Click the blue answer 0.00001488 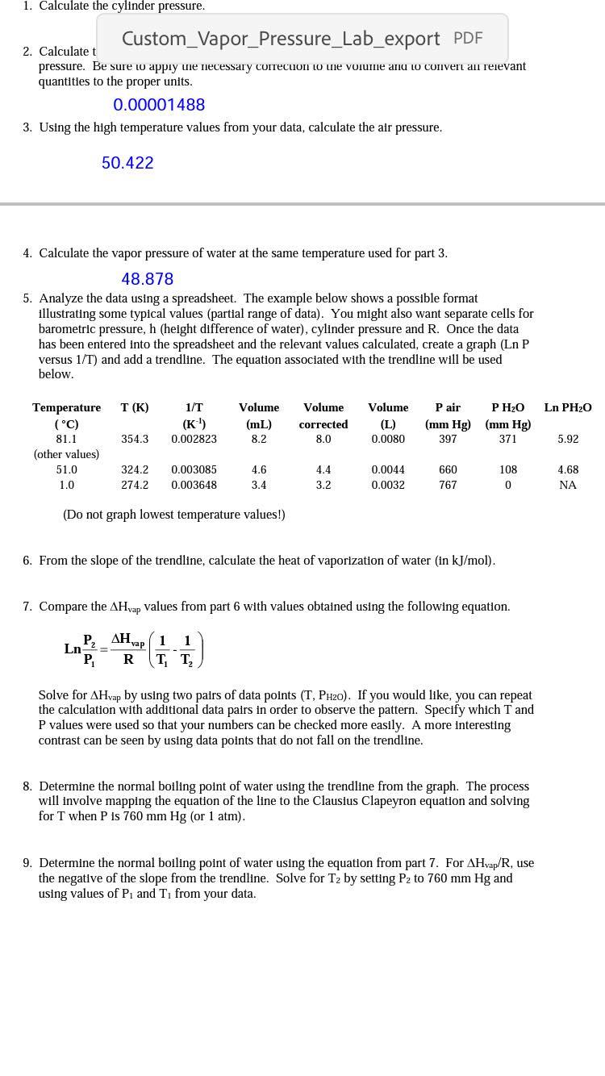[159, 105]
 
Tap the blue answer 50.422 [127, 163]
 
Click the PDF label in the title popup [468, 38]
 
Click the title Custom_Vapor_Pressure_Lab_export [281, 39]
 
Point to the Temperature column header [67, 408]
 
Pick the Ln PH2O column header [568, 408]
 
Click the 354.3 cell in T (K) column [135, 440]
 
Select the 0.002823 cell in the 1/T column [194, 440]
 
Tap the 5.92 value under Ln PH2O [568, 440]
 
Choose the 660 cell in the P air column [448, 470]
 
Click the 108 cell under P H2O [508, 470]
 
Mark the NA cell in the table [568, 486]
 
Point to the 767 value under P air [448, 486]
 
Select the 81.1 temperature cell [67, 440]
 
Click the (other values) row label [67, 455]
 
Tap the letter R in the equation [128, 660]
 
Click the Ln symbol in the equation [73, 649]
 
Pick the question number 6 [27, 561]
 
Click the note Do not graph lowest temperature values [174, 515]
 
